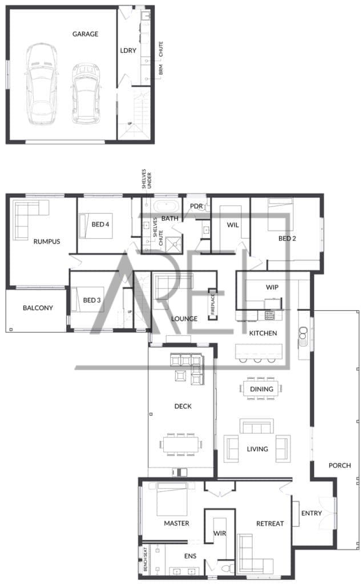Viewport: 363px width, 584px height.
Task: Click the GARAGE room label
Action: pos(86,34)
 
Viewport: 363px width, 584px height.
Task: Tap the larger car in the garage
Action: pos(42,83)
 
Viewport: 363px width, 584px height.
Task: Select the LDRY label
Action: pos(128,50)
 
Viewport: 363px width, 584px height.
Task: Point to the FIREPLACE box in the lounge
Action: pos(212,305)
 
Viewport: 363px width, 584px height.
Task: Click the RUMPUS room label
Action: pos(47,241)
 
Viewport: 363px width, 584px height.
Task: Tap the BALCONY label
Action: pos(38,307)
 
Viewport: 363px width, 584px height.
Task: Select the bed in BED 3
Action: pos(87,299)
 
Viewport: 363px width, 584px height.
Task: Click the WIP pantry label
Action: pos(272,287)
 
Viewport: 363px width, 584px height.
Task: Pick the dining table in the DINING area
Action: pos(261,389)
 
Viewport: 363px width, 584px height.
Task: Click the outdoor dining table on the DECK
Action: pos(181,444)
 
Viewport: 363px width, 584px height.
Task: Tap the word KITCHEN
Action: pos(263,333)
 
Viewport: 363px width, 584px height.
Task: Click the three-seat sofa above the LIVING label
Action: pos(257,426)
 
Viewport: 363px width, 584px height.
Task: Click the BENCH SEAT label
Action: pos(146,559)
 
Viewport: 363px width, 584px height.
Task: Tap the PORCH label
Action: pos(340,465)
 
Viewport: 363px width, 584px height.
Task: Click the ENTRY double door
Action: pos(329,513)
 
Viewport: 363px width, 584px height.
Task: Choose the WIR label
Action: pos(220,533)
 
